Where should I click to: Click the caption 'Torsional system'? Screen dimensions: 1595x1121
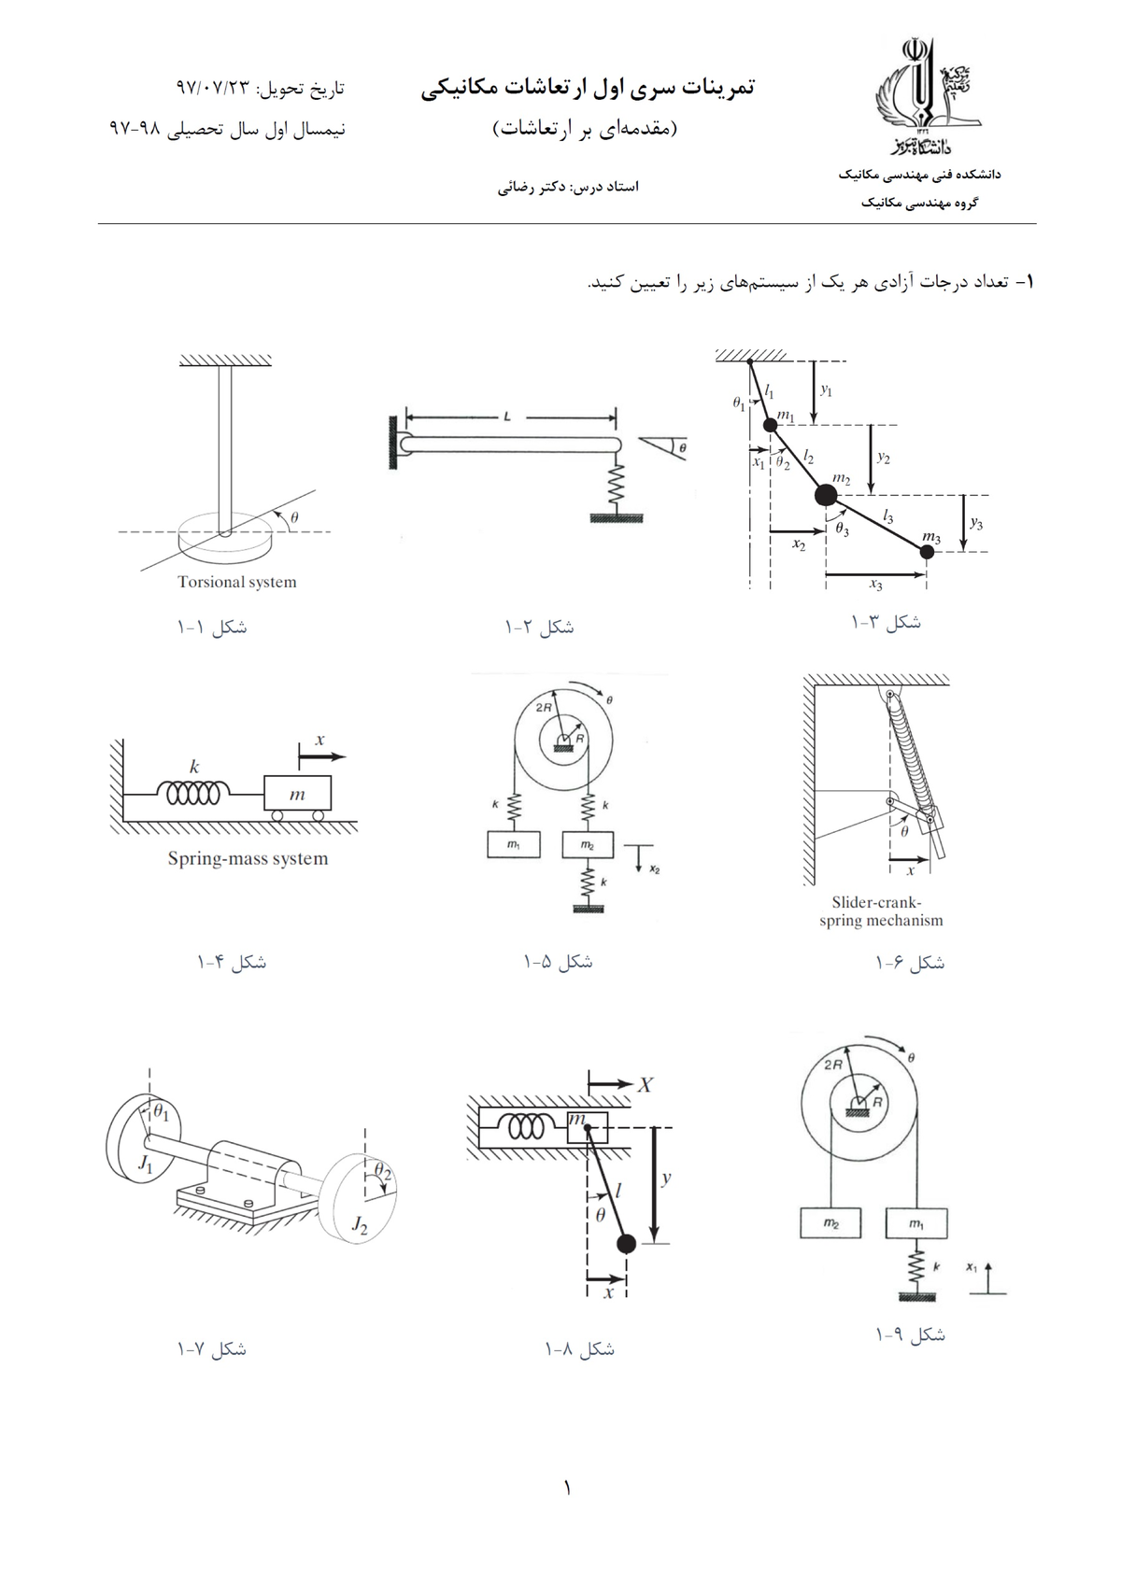pos(237,582)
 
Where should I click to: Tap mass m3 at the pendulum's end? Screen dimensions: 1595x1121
pos(926,552)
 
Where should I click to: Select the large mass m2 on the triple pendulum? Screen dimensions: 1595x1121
pos(826,494)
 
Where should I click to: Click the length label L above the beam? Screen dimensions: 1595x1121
pos(506,417)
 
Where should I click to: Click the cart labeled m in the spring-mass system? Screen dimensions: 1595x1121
pos(297,795)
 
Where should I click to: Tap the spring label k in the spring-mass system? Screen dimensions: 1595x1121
pos(194,767)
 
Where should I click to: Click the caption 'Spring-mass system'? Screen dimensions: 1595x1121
pos(248,858)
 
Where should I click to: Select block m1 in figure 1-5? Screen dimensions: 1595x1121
pos(512,844)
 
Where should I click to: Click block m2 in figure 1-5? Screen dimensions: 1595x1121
pos(587,844)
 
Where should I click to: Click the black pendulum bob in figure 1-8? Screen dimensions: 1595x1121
pos(626,1243)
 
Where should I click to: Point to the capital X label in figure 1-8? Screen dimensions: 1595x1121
pos(646,1084)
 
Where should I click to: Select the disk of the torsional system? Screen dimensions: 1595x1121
pos(224,535)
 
